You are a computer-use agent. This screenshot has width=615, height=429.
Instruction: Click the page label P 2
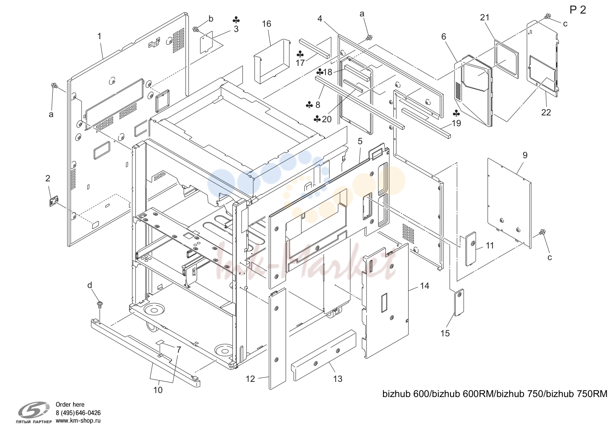pyautogui.click(x=578, y=10)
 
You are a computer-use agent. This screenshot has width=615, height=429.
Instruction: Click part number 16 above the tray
pyautogui.click(x=266, y=24)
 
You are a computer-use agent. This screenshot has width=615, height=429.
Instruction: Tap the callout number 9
pyautogui.click(x=525, y=155)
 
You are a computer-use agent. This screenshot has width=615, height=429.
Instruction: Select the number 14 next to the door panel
pyautogui.click(x=425, y=286)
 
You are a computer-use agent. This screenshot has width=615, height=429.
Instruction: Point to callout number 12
pyautogui.click(x=250, y=379)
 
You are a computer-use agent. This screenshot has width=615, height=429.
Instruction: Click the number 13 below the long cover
pyautogui.click(x=338, y=379)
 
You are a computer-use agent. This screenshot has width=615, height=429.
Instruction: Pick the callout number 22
pyautogui.click(x=546, y=112)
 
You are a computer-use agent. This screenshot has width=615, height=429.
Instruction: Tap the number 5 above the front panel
pyautogui.click(x=360, y=141)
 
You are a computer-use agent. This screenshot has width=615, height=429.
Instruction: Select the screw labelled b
pyautogui.click(x=196, y=29)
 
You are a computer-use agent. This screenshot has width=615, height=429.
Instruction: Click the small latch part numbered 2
pyautogui.click(x=54, y=201)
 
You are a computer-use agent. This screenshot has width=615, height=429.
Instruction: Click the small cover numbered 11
pyautogui.click(x=470, y=249)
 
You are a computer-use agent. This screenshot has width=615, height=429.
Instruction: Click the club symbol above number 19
pyautogui.click(x=456, y=113)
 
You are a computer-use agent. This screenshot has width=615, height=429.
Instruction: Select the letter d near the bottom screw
pyautogui.click(x=89, y=285)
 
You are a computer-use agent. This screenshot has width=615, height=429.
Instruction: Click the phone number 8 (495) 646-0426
pyautogui.click(x=78, y=413)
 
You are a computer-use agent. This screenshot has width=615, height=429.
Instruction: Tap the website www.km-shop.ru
pyautogui.click(x=78, y=421)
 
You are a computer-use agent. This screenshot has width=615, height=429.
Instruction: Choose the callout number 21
pyautogui.click(x=484, y=18)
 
